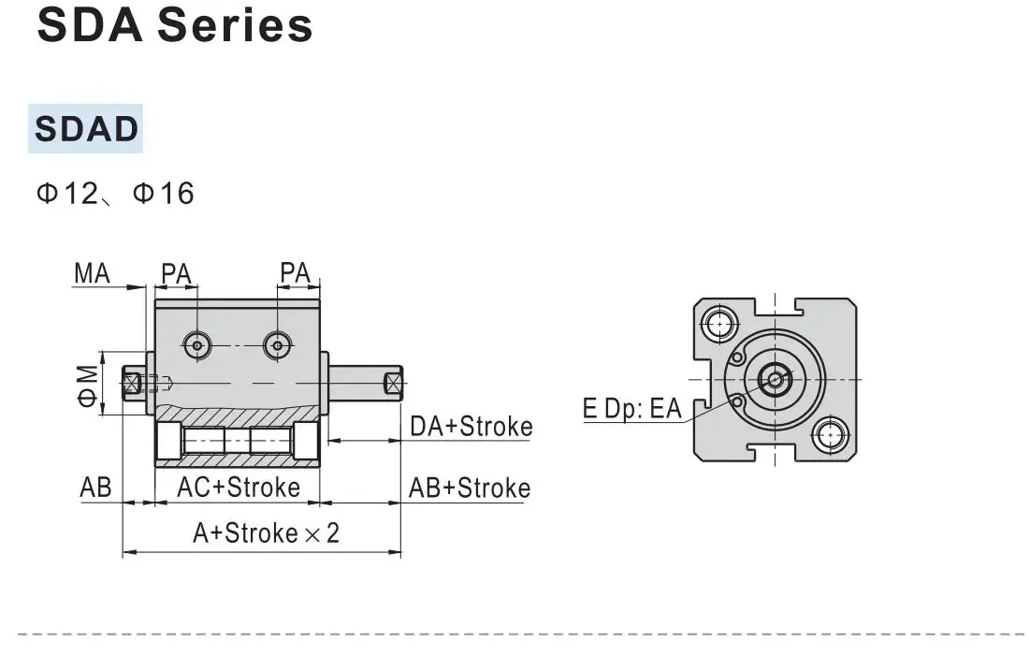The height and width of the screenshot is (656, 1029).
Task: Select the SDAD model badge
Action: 86,128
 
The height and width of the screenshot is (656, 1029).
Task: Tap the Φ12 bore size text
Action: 67,194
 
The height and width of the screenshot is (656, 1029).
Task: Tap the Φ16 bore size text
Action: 164,194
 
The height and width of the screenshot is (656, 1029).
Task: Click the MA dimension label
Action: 93,273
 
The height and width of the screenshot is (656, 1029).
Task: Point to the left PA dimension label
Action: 175,273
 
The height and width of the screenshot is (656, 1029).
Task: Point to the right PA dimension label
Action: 296,273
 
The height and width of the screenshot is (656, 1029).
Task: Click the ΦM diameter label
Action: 87,385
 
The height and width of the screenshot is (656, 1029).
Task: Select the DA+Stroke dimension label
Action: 471,427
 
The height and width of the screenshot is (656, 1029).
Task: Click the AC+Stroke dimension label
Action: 239,488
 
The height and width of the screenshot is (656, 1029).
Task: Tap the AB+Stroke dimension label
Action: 469,488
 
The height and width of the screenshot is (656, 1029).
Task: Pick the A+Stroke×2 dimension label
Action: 267,533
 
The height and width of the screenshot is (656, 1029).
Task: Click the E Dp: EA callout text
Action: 632,409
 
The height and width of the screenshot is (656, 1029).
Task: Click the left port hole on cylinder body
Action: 196,345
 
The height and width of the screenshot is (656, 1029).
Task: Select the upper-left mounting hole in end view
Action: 718,324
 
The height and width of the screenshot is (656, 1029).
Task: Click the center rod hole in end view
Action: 775,379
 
